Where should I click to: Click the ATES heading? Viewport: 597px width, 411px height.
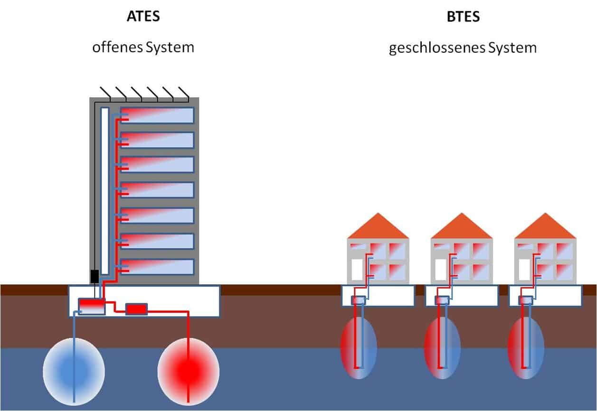point(143,16)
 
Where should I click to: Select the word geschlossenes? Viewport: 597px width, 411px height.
point(431,48)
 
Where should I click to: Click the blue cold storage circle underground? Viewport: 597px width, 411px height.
point(74,368)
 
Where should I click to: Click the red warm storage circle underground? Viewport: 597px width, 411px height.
point(188,368)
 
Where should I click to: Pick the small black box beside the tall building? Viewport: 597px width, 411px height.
point(95,276)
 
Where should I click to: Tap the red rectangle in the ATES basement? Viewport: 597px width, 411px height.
point(136,309)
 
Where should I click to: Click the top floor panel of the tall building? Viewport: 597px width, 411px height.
point(157,115)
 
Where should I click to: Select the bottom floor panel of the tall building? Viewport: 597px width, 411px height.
point(157,267)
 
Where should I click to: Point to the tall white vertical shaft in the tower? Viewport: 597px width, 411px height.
point(105,190)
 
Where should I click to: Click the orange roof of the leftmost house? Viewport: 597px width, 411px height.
point(378,227)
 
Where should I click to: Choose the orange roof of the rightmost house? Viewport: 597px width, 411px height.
point(545,227)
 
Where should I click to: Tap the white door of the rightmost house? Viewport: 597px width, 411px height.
point(524,269)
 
